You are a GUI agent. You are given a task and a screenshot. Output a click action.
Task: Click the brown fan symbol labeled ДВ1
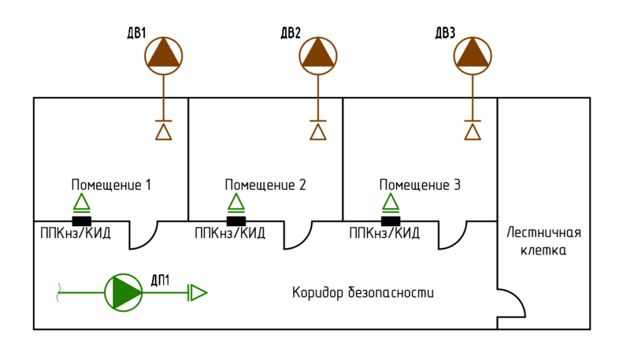(x=164, y=55)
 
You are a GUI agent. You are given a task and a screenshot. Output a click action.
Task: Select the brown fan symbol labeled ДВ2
(x=318, y=55)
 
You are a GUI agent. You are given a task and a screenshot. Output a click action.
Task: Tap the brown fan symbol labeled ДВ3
(x=472, y=55)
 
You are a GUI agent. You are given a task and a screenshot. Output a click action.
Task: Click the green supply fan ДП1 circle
(x=124, y=292)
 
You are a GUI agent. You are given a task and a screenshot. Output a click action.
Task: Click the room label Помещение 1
(x=111, y=185)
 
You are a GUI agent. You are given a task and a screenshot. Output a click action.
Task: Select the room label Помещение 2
(x=265, y=185)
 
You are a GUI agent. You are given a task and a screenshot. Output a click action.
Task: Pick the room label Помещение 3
(x=420, y=185)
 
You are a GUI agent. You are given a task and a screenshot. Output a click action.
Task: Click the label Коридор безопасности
(x=363, y=293)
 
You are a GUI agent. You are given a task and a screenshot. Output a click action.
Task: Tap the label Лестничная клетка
(x=543, y=241)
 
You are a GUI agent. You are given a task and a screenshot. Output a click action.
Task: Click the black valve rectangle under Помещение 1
(x=82, y=221)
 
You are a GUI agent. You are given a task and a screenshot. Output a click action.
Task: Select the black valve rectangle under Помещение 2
(x=236, y=221)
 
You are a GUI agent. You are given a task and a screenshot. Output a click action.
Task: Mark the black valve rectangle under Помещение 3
(x=391, y=221)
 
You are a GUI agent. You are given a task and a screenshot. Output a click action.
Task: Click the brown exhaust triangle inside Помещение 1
(x=164, y=132)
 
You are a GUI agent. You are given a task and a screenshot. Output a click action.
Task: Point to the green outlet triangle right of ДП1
(x=198, y=293)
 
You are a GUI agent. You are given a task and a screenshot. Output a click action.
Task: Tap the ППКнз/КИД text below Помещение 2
(x=230, y=233)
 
